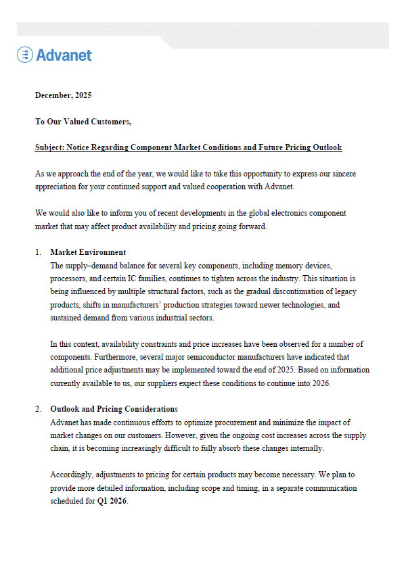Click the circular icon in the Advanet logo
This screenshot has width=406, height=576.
[x=25, y=55]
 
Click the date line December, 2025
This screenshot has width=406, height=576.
[x=63, y=95]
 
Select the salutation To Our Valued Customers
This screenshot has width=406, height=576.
[x=83, y=121]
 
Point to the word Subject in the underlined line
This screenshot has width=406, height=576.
[x=49, y=147]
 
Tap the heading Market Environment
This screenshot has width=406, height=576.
[x=87, y=252]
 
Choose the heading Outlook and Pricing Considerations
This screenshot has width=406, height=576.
[x=114, y=409]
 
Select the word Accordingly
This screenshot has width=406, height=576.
[x=72, y=475]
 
